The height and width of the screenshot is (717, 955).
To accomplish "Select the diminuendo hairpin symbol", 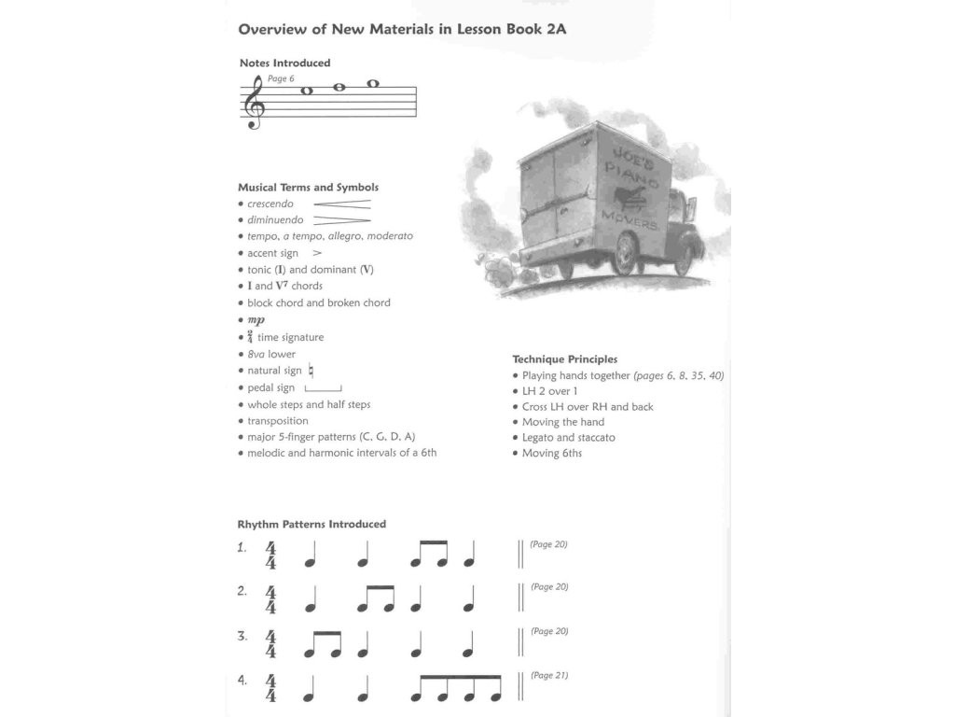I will click(x=341, y=220).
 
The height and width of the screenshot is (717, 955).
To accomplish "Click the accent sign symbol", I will click(x=317, y=253).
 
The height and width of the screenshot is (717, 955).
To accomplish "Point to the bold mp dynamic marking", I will click(x=256, y=319).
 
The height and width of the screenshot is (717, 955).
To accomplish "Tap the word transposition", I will click(x=278, y=421).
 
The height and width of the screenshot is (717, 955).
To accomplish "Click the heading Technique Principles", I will click(x=564, y=358).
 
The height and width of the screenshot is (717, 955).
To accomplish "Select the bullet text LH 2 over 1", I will click(x=549, y=391).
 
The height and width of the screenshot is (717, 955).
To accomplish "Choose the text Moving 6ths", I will click(x=551, y=454).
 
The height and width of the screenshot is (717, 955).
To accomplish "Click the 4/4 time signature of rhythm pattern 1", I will click(x=270, y=555).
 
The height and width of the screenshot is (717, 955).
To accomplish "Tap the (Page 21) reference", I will click(x=549, y=675).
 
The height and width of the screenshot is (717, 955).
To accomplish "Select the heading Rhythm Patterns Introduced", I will click(x=311, y=525).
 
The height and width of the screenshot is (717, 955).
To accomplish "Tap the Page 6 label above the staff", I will click(x=281, y=78).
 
